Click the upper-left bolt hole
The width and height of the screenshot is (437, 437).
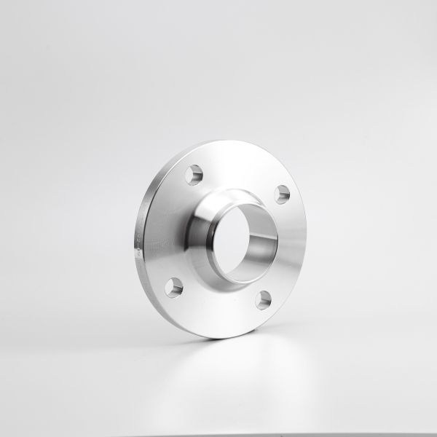click(194, 176)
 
